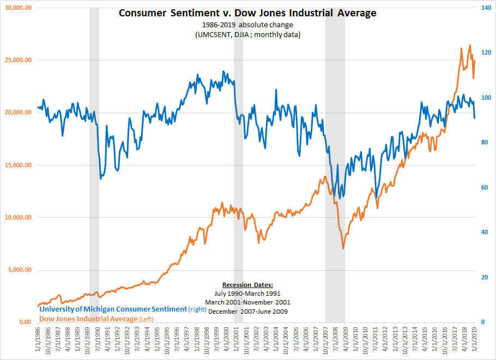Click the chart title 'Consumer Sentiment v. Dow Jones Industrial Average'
tap(247, 13)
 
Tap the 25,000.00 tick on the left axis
tap(17, 60)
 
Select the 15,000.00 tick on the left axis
tap(17, 165)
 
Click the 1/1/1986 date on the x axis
tap(38, 340)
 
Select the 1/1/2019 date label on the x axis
tap(475, 340)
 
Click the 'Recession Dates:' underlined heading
tap(247, 285)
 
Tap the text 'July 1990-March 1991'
tap(247, 293)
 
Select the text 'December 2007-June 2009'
tap(247, 311)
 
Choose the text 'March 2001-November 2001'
tap(247, 302)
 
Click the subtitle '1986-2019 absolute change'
tap(247, 25)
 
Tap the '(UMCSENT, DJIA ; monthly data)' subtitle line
tap(247, 34)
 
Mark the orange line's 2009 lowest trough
tap(343, 249)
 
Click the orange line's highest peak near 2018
tap(470, 45)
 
